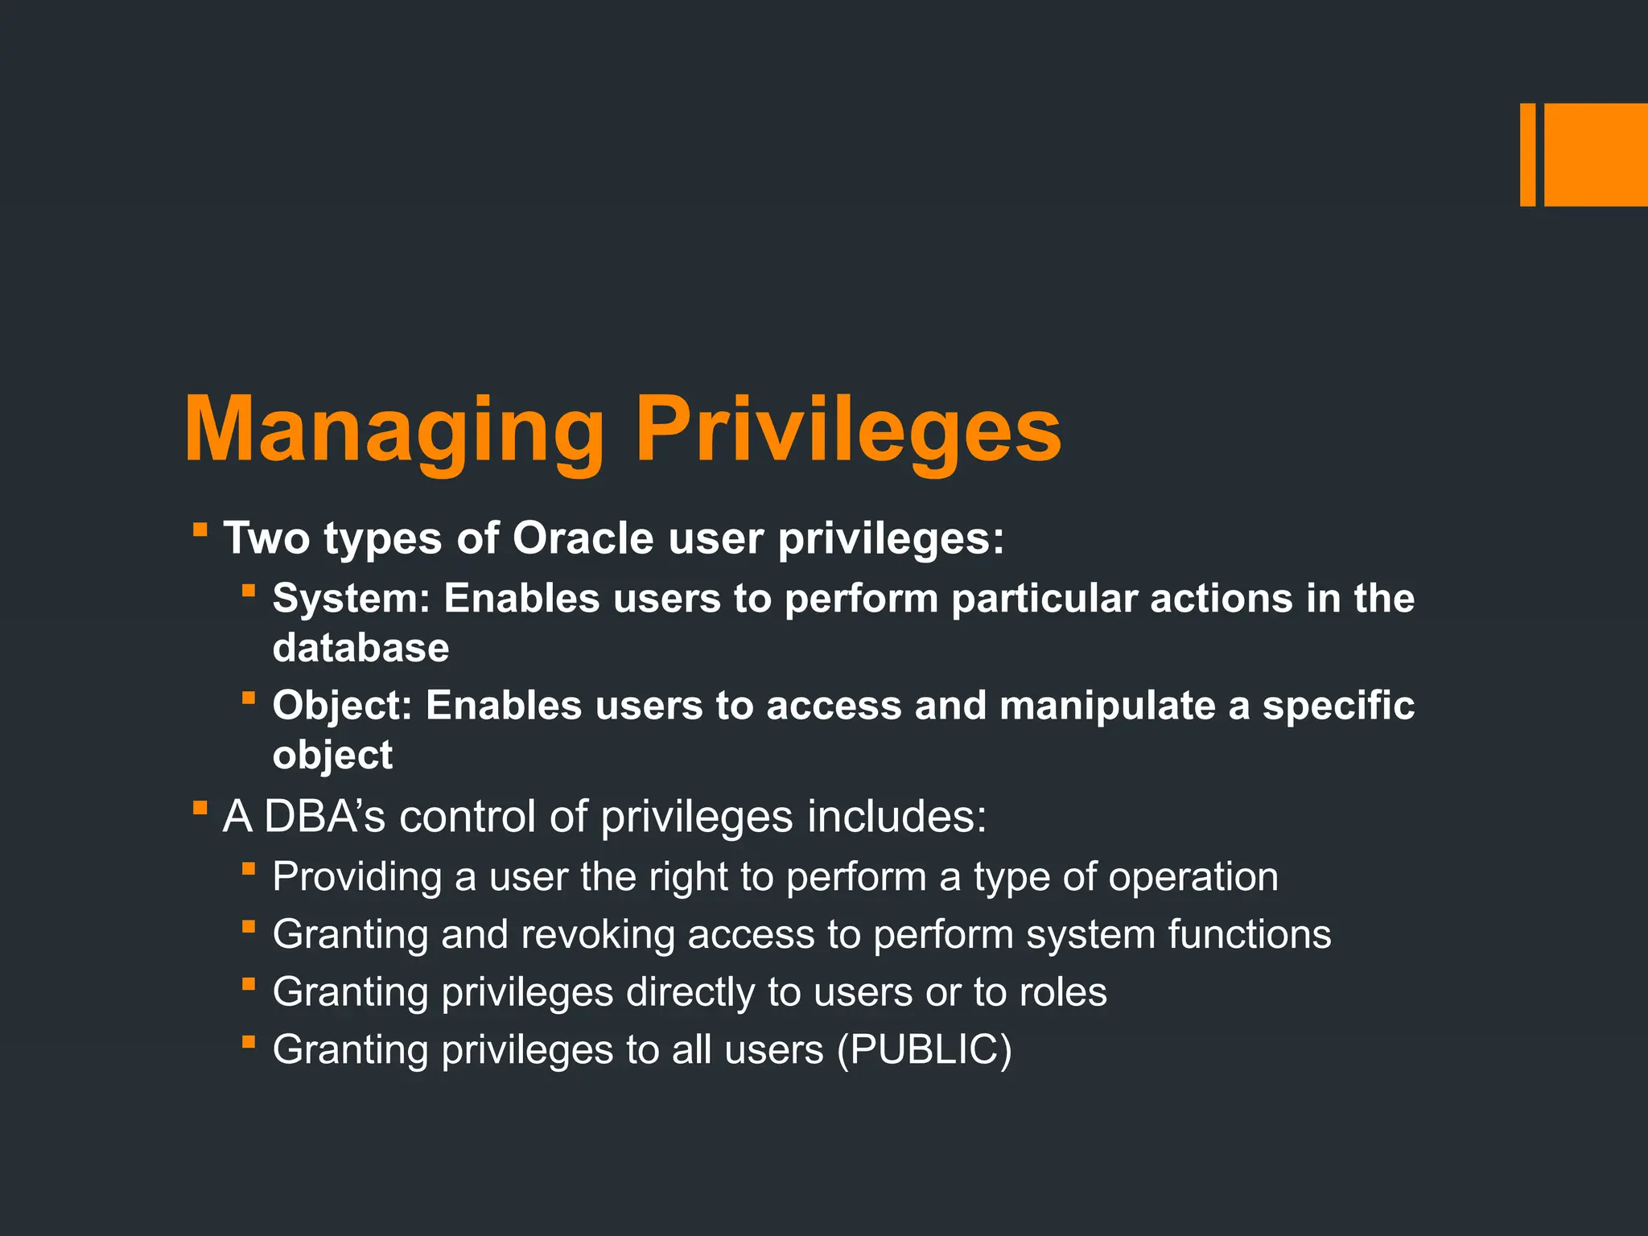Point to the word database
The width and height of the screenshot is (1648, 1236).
[x=360, y=648]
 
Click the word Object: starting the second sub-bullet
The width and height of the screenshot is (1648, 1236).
[x=343, y=705]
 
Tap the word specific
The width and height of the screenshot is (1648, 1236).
[x=1337, y=705]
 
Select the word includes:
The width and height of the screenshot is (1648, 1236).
[x=896, y=816]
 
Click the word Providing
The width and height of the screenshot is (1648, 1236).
[x=356, y=876]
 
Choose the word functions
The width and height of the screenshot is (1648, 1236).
[x=1249, y=934]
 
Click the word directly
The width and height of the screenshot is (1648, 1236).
[x=690, y=992]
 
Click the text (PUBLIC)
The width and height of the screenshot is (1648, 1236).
[x=924, y=1049]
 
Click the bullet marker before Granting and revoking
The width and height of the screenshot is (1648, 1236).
[x=249, y=927]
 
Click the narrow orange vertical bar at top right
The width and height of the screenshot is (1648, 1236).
[x=1527, y=154]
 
